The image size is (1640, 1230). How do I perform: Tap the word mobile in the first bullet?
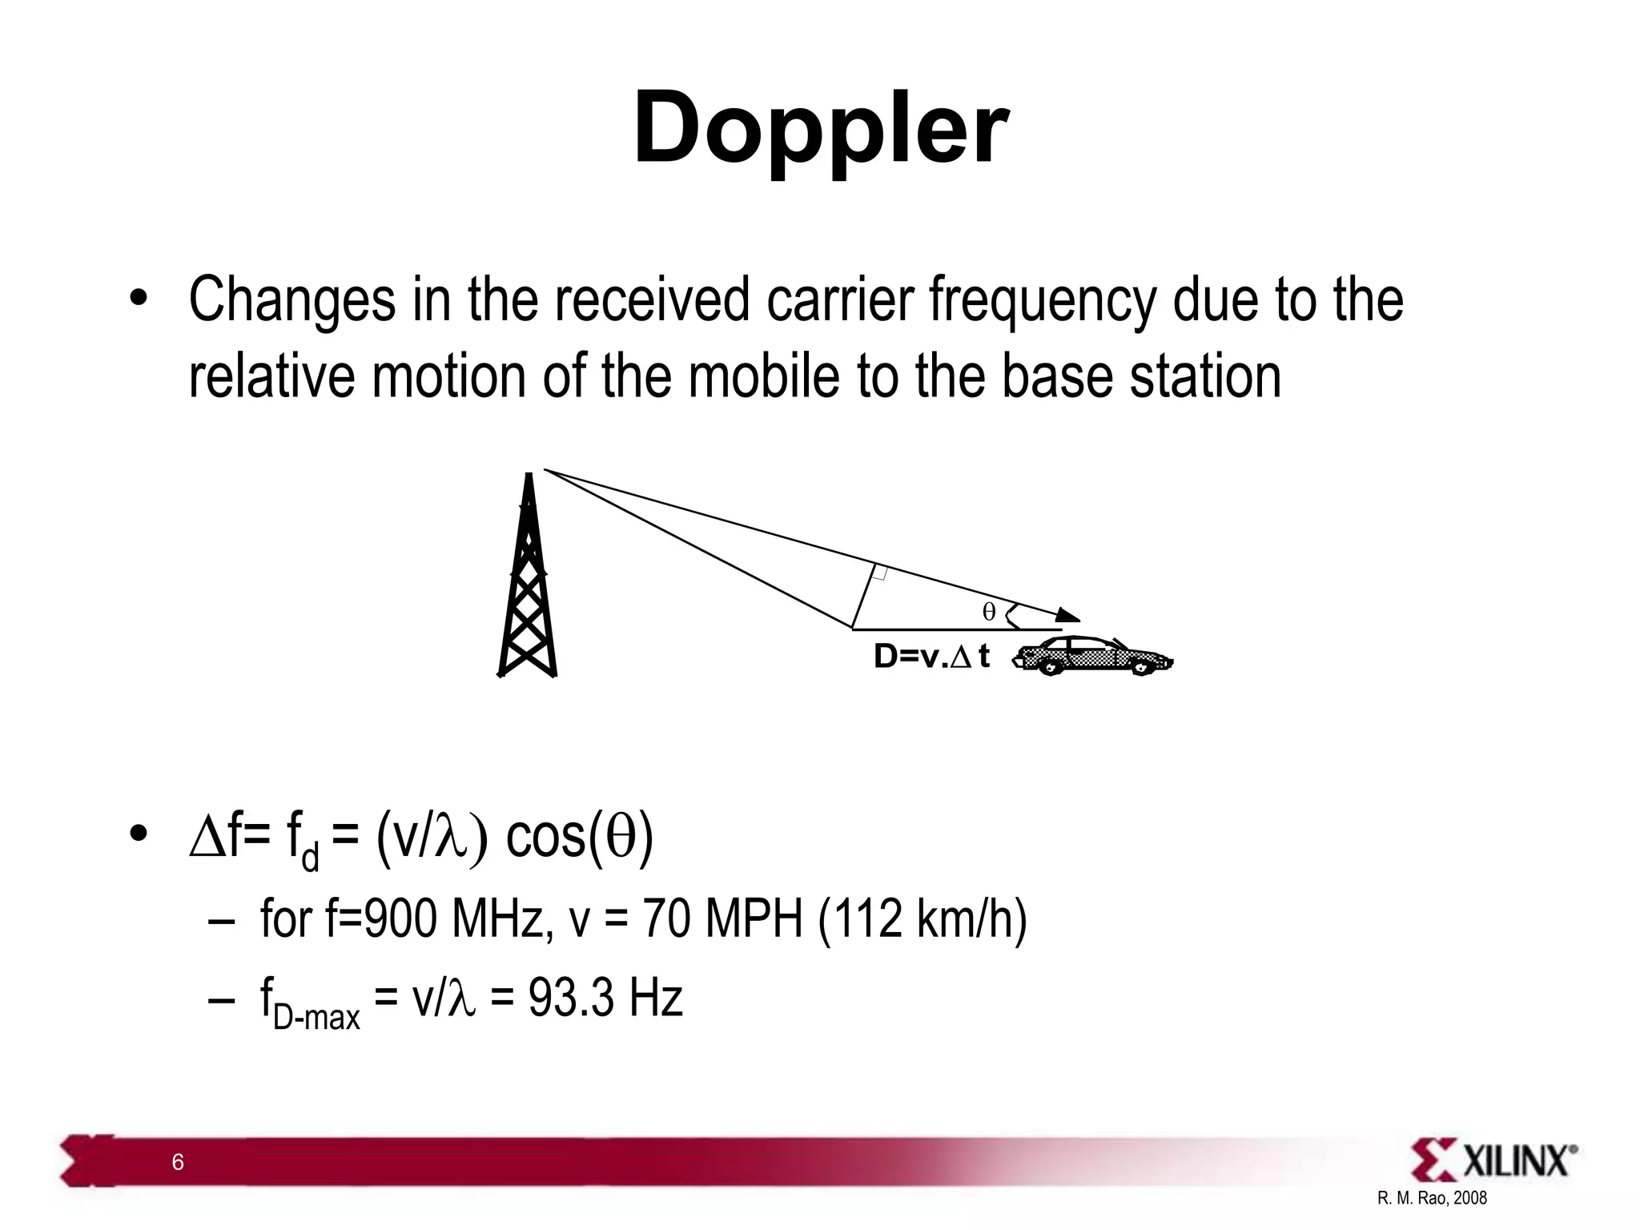(x=764, y=376)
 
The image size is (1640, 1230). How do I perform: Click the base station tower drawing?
(x=528, y=577)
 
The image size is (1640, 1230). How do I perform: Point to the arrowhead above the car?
(x=1067, y=615)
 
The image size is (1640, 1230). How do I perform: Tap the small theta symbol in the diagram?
(x=989, y=613)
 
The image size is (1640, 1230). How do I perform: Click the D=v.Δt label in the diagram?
(x=931, y=657)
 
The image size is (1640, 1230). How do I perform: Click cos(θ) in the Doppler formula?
(x=580, y=837)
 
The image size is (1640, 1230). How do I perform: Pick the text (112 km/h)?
(x=922, y=918)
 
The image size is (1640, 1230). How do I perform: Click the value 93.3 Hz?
(x=605, y=999)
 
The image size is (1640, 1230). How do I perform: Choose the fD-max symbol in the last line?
(x=309, y=1005)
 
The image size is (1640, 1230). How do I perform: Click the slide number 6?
(x=178, y=1162)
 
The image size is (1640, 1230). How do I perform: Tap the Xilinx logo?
(x=1493, y=1160)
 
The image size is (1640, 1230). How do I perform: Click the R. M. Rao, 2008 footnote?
(x=1432, y=1199)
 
